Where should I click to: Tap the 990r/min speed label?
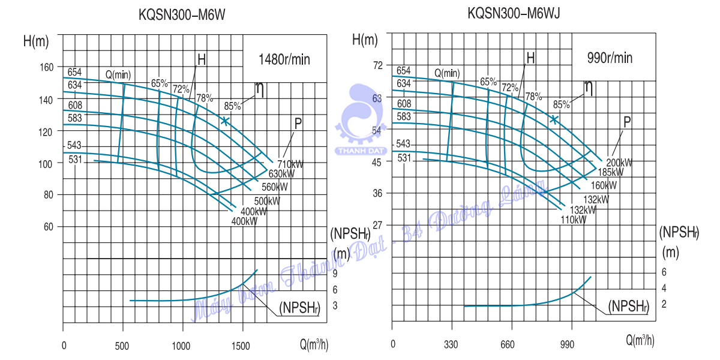(x=610, y=58)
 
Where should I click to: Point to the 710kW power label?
(x=290, y=164)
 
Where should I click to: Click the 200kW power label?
(x=619, y=163)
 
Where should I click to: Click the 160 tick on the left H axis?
(x=46, y=66)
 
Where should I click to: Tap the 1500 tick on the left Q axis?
(x=241, y=346)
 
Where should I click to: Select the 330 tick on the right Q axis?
(x=451, y=345)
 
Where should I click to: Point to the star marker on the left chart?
(x=224, y=121)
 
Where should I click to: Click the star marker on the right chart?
(x=554, y=119)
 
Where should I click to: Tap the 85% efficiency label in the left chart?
(x=232, y=106)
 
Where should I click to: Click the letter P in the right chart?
(x=627, y=122)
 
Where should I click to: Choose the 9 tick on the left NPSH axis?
(x=335, y=274)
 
